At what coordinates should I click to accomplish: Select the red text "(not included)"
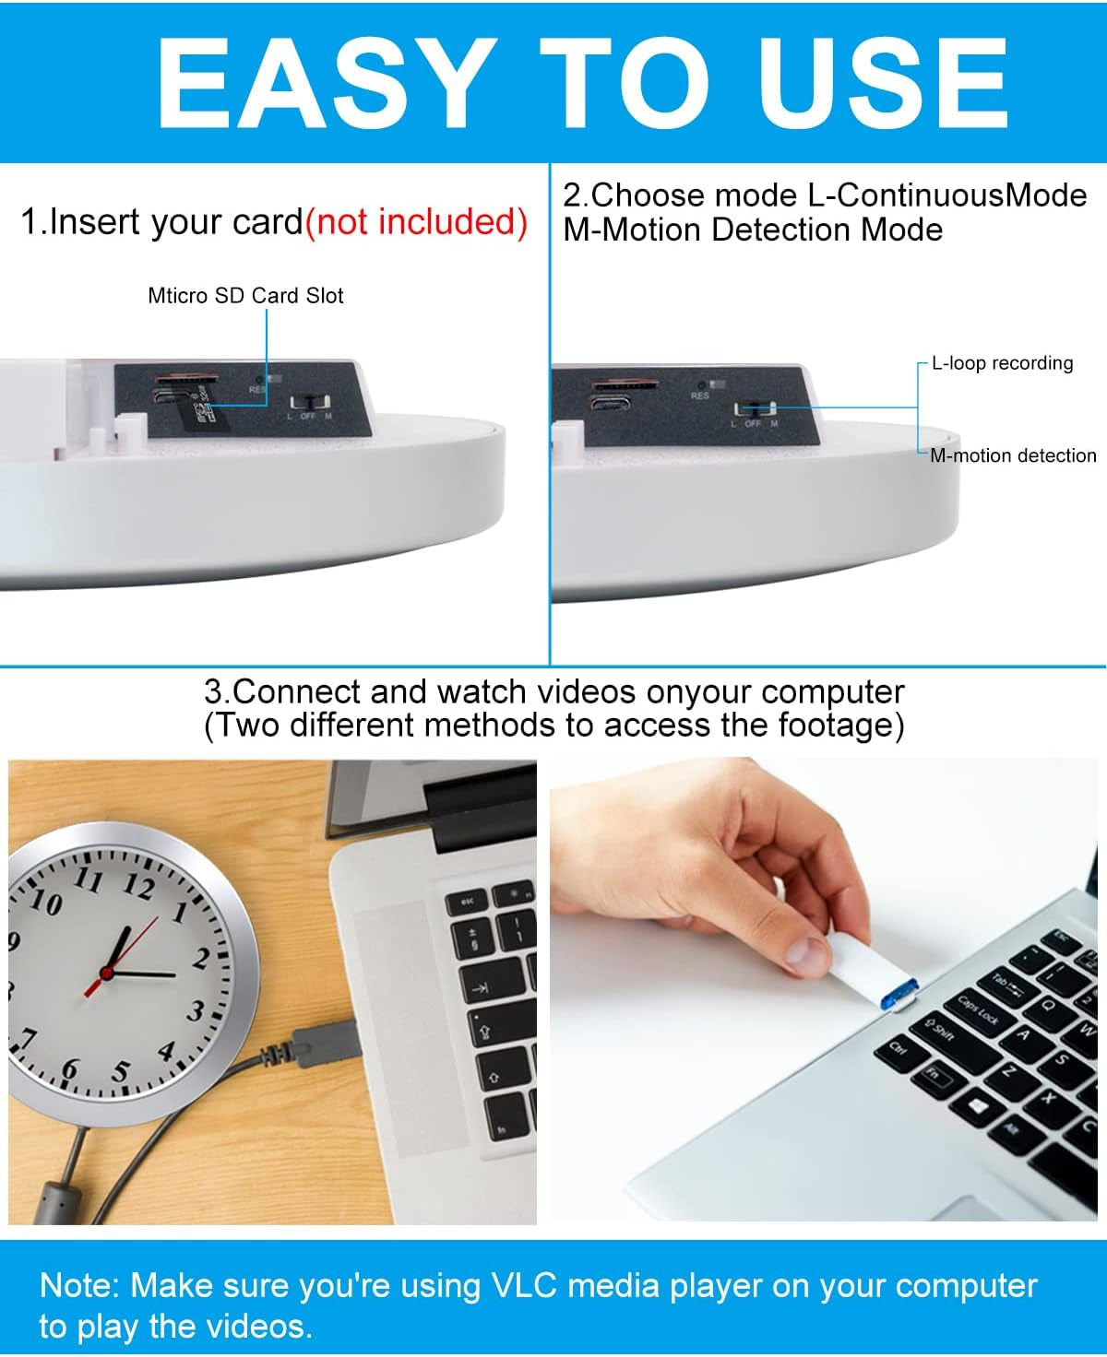coord(416,222)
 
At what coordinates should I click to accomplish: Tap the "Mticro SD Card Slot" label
coord(245,296)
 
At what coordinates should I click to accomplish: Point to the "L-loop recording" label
coord(1002,363)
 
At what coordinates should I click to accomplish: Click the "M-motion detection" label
coord(1013,455)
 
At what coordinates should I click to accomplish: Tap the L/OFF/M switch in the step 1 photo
coord(310,404)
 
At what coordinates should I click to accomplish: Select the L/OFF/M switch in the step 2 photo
coord(755,409)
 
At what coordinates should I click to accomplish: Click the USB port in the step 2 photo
coord(612,403)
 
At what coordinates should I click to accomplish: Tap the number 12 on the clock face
coord(139,887)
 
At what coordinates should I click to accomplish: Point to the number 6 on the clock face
coord(70,1070)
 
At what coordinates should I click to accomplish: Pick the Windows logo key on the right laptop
coord(979,1103)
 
